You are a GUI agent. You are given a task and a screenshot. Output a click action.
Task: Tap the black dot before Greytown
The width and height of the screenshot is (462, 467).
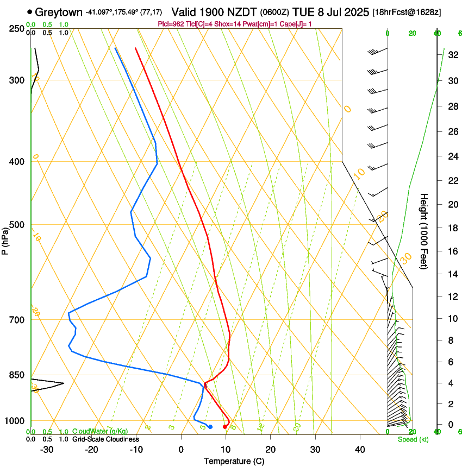[29, 11]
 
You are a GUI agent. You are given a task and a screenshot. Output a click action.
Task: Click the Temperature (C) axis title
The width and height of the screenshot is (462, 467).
[233, 461]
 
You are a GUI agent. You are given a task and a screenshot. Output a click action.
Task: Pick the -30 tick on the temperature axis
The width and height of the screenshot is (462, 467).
[47, 450]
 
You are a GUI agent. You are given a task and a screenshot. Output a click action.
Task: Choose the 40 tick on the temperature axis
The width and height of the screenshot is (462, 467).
[360, 450]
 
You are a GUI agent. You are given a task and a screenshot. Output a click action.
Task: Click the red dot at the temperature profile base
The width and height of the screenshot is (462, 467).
[225, 427]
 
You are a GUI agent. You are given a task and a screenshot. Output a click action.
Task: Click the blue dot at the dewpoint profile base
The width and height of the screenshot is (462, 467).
[210, 427]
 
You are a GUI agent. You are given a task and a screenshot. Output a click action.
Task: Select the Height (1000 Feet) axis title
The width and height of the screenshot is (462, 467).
[424, 231]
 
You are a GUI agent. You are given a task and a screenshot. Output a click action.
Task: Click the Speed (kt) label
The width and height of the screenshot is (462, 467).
[413, 439]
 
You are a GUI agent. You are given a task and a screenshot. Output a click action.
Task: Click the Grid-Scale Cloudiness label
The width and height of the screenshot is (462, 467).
[105, 439]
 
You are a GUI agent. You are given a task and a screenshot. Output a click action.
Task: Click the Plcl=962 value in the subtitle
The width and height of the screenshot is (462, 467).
[170, 24]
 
